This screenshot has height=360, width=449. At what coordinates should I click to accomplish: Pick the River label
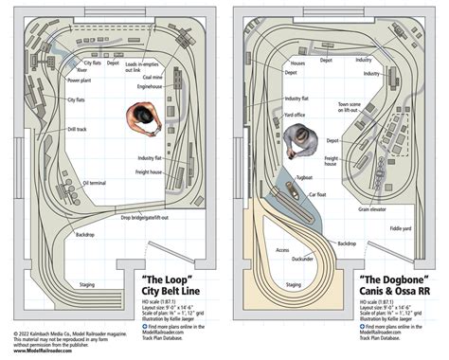click(x=82, y=69)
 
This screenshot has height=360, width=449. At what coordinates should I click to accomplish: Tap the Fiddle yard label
click(x=400, y=228)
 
